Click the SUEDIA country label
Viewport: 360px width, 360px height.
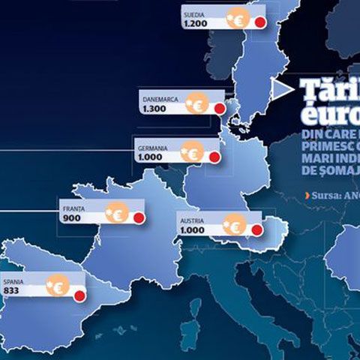pyautogui.click(x=193, y=13)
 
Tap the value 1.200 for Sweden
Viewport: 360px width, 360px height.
pyautogui.click(x=193, y=24)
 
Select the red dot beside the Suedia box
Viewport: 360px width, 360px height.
pyautogui.click(x=260, y=22)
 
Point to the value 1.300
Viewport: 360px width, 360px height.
pyautogui.click(x=153, y=109)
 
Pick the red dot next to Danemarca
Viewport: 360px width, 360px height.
pyautogui.click(x=220, y=108)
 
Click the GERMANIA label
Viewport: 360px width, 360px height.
pyautogui.click(x=152, y=148)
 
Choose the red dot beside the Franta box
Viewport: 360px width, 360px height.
pyautogui.click(x=138, y=218)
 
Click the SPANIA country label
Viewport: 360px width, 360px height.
pyautogui.click(x=14, y=281)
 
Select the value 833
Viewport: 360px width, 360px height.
pyautogui.click(x=11, y=291)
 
